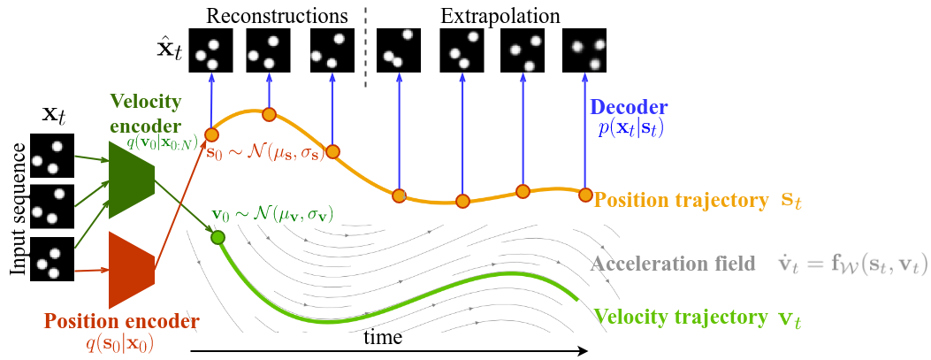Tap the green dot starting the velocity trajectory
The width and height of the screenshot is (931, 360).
[217, 237]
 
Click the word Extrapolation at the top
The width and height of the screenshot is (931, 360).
[500, 15]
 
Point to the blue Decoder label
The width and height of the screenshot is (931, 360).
[628, 108]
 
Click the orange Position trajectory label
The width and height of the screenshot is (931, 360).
[680, 201]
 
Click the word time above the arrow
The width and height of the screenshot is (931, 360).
[383, 337]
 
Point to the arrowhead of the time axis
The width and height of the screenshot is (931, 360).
[583, 351]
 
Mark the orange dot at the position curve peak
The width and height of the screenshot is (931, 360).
[269, 114]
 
